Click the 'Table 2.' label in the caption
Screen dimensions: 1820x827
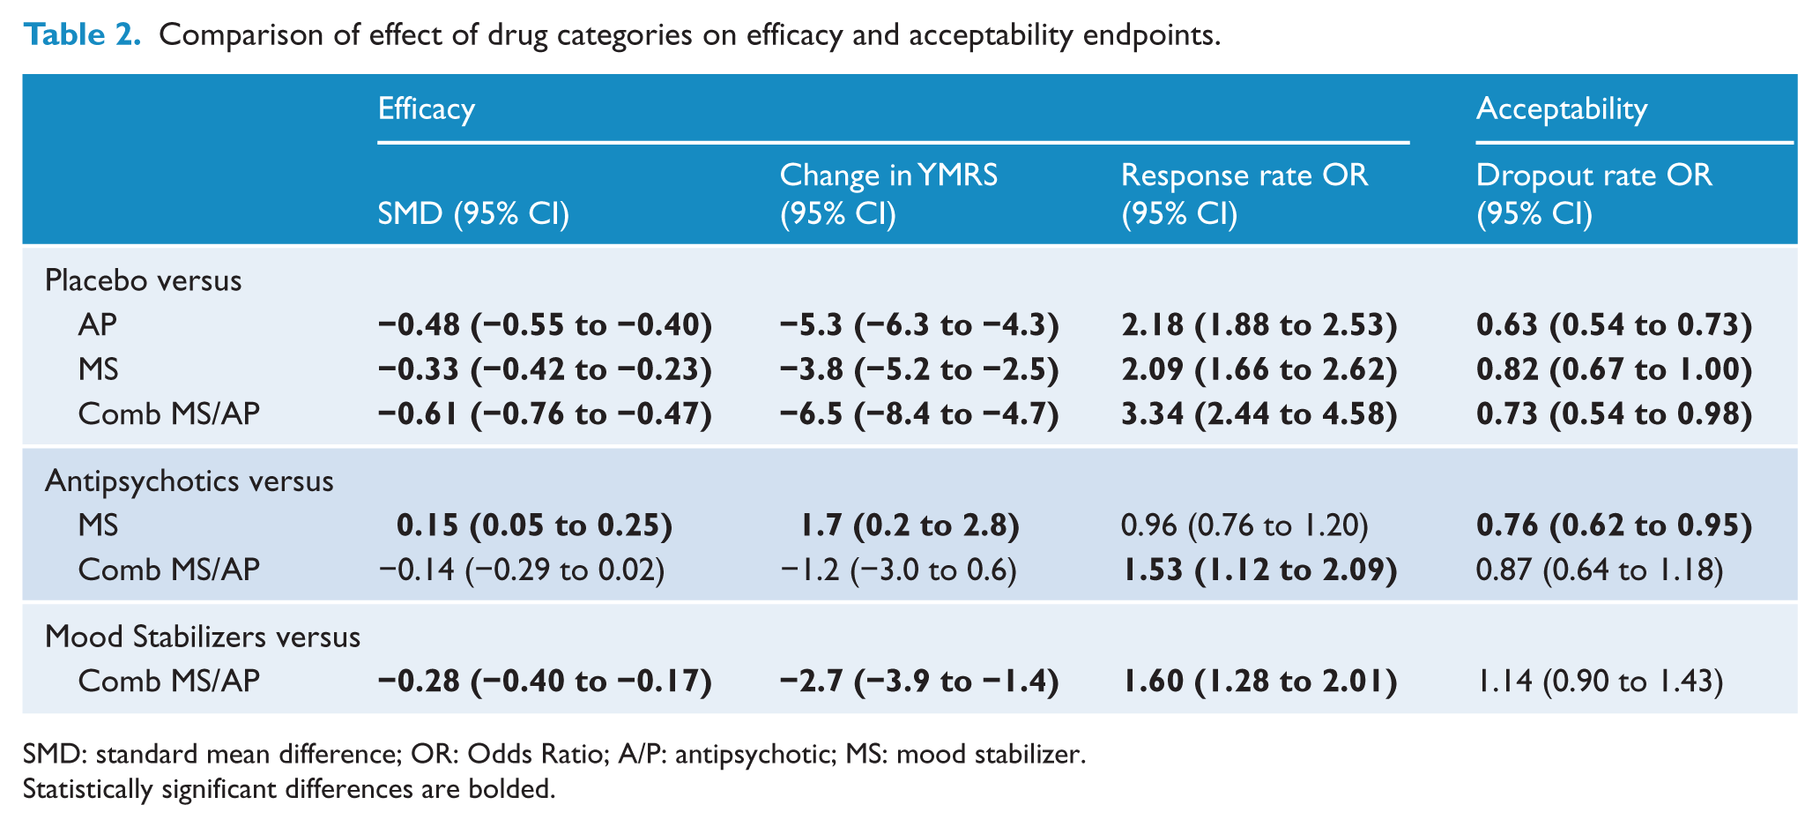[82, 35]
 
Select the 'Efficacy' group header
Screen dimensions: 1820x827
[427, 109]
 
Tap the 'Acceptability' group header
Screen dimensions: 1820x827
[1562, 109]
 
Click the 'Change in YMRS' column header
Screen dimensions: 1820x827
[888, 175]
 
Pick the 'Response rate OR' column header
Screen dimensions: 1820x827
[1244, 175]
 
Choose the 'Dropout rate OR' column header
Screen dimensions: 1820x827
[1594, 175]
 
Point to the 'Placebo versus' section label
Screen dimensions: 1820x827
[143, 280]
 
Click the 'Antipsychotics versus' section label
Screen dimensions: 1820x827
[189, 481]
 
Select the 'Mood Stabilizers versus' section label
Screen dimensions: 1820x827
[203, 637]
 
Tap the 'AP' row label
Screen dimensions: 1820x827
[97, 325]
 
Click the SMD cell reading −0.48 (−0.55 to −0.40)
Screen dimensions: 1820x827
[545, 325]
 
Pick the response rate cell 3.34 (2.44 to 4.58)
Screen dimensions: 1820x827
[1259, 413]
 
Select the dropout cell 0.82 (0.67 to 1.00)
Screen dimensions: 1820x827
[1615, 369]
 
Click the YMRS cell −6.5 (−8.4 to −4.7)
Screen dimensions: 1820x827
[919, 413]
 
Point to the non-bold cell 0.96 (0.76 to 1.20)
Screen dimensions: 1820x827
[1244, 526]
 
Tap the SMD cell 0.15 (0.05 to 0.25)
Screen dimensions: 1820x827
[535, 526]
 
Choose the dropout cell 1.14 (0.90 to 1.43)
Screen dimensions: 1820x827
[1600, 682]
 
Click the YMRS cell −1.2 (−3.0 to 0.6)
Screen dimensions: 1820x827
[898, 570]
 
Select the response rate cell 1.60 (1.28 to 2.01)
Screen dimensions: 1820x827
[1259, 682]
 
